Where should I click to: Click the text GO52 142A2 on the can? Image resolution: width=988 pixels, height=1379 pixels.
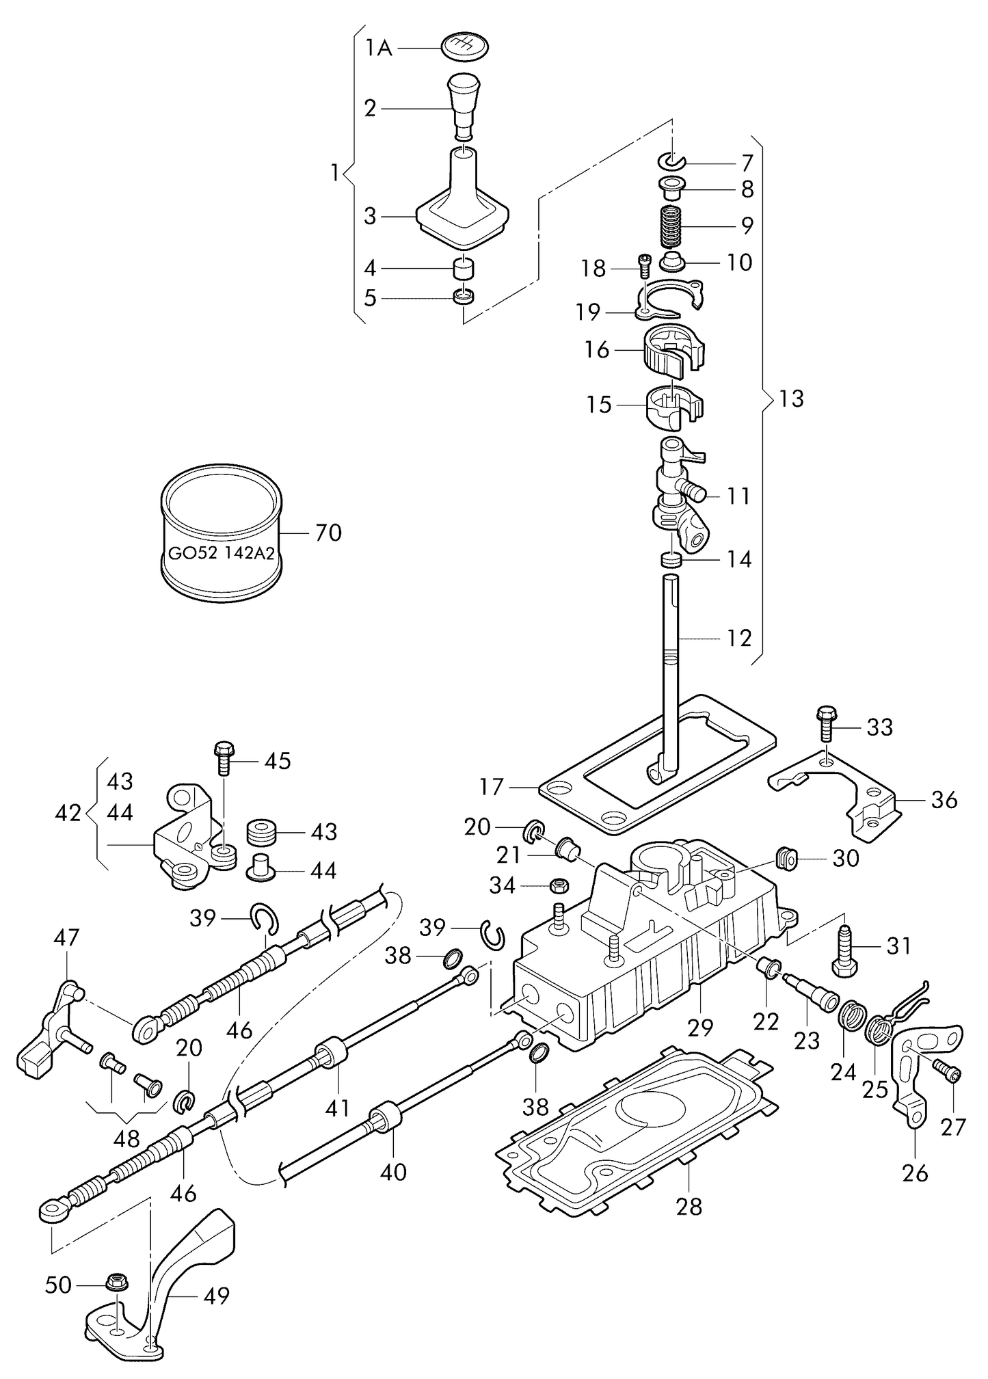point(221,553)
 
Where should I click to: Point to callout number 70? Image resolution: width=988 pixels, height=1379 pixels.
point(328,532)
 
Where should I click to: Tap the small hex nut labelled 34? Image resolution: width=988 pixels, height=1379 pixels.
point(557,886)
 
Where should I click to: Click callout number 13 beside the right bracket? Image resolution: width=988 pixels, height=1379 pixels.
point(791,399)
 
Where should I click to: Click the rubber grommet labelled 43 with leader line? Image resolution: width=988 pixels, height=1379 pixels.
point(261,831)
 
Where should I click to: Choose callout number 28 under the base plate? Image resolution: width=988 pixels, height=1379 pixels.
point(689,1207)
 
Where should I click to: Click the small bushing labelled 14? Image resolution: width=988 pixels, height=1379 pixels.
point(672,560)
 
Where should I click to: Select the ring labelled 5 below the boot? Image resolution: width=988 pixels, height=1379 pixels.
point(464,297)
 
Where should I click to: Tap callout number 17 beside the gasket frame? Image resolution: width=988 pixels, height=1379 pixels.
point(491,787)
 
